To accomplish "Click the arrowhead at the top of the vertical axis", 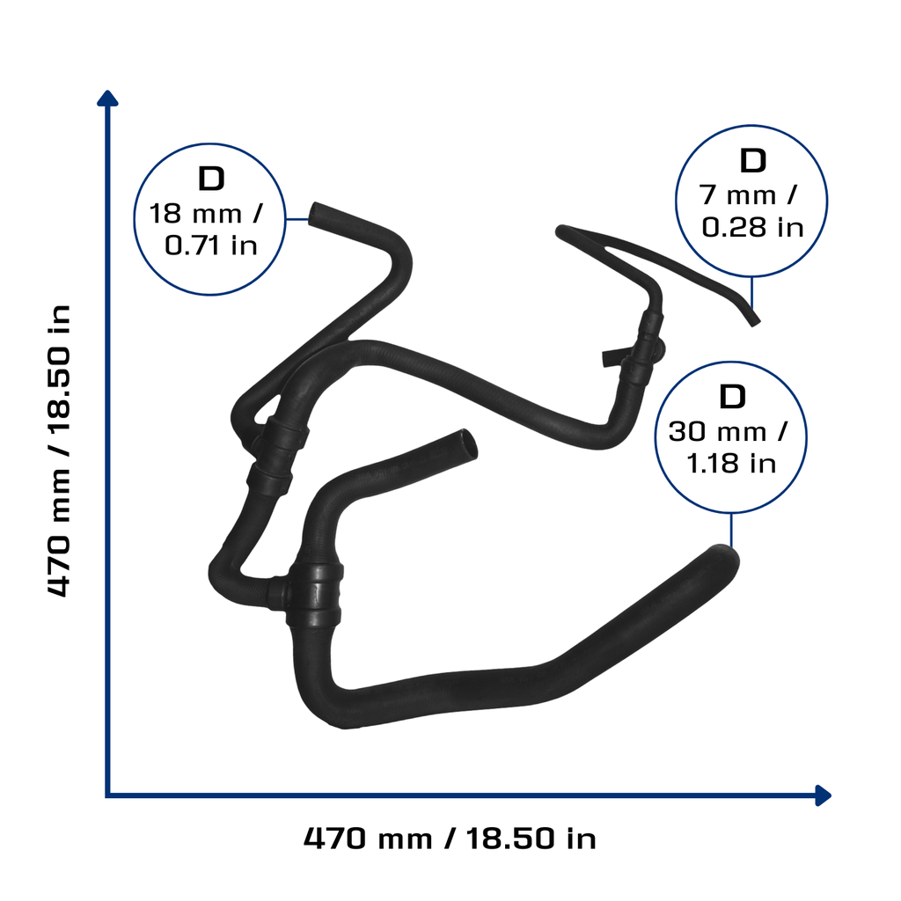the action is [107, 98].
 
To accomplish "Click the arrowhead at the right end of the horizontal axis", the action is [824, 795].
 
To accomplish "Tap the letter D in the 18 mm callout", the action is [211, 179].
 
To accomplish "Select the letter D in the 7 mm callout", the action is [753, 161].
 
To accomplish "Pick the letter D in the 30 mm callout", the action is [732, 397].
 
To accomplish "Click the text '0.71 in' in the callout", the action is [211, 246].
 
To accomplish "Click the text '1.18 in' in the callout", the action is [731, 464].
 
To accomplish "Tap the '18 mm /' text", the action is [206, 215].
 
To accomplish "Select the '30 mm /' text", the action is [728, 432].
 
